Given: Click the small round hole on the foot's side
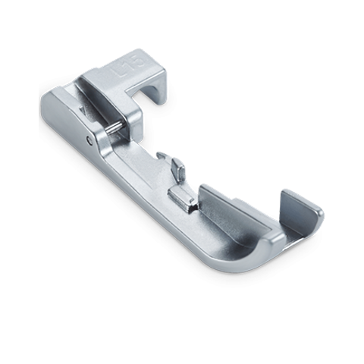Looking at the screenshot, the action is click(88, 139).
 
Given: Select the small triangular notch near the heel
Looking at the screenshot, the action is click(81, 110).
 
